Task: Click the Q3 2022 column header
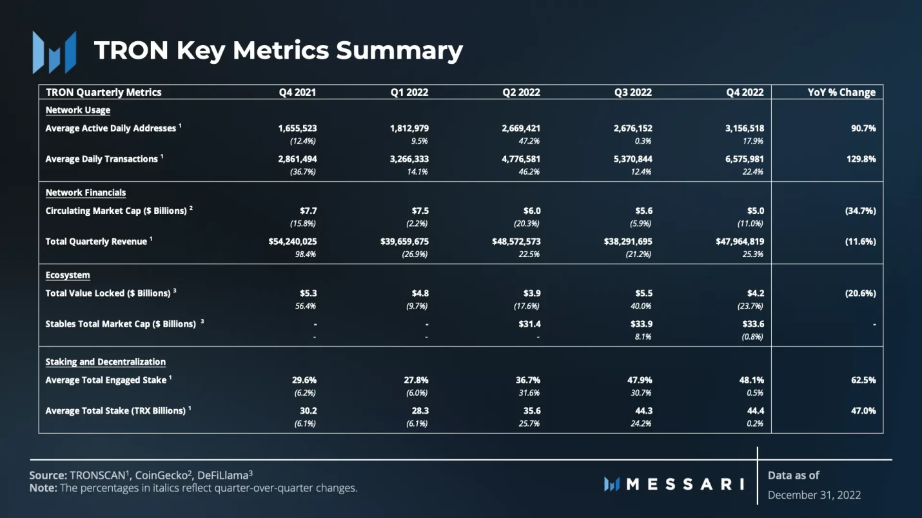pos(633,92)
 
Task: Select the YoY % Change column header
pos(841,92)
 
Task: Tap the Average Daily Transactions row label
pos(101,159)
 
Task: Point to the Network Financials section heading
pos(86,193)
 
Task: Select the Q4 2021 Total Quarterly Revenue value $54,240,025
pos(293,242)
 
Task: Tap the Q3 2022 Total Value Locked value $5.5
pos(643,293)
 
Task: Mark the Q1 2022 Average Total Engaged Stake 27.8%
pos(415,380)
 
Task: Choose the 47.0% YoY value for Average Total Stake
pos(863,410)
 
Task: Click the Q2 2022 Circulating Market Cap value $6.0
pos(532,211)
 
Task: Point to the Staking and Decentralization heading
pos(106,362)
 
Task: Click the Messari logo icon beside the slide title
pos(55,52)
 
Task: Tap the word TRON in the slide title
pos(132,50)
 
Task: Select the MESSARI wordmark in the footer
pos(674,484)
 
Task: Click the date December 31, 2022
pos(814,495)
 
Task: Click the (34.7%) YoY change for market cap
pos(860,211)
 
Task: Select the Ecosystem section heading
pos(68,275)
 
